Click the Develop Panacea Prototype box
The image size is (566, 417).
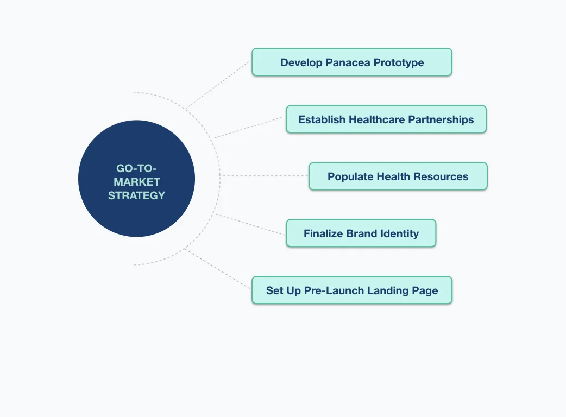[351, 62]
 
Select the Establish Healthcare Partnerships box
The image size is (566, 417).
[386, 119]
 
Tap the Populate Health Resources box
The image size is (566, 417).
[398, 176]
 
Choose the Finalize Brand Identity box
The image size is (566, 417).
[361, 233]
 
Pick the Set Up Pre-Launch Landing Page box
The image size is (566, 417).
[351, 290]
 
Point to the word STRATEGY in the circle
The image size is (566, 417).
[136, 195]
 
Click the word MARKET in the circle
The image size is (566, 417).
[136, 182]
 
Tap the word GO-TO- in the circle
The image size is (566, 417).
[136, 168]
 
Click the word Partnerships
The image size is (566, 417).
[441, 119]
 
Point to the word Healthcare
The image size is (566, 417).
[377, 119]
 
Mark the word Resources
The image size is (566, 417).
[441, 176]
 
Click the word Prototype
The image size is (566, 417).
[398, 62]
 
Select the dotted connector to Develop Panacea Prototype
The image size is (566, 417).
[217, 84]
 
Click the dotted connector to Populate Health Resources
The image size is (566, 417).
[264, 176]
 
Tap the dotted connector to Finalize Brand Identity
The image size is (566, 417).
[250, 224]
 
